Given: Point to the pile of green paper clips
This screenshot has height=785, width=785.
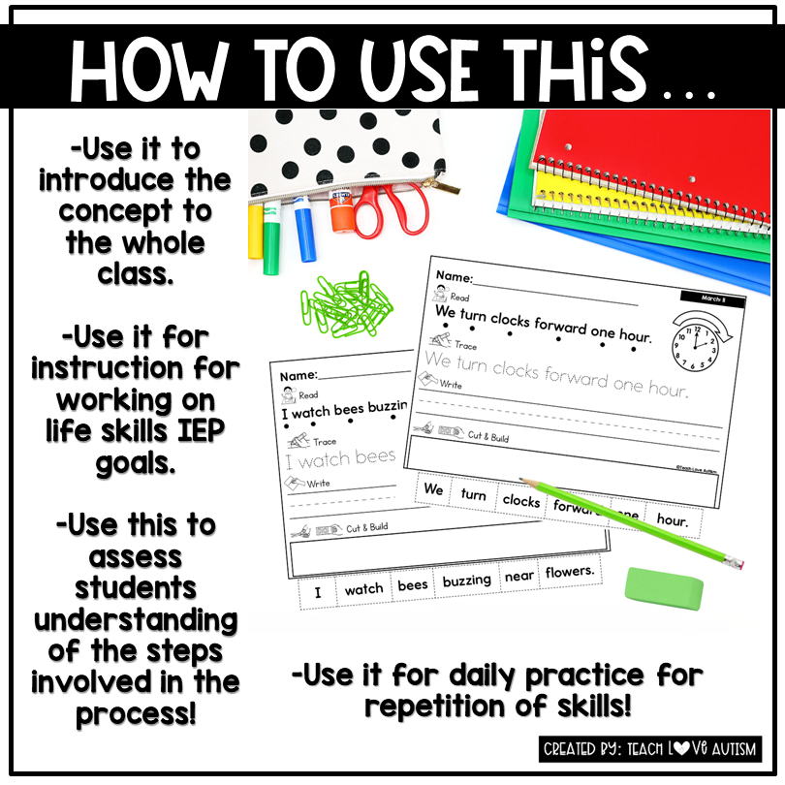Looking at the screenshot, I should [x=346, y=302].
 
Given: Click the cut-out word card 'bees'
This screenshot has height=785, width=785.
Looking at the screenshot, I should [x=413, y=585].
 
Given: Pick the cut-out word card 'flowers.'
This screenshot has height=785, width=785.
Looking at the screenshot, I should [x=569, y=573].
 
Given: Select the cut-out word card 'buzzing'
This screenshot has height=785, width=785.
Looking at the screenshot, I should [x=466, y=581].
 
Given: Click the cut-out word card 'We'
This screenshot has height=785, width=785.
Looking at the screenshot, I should [x=433, y=490].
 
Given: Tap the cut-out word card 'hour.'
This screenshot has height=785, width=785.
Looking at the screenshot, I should [x=672, y=520].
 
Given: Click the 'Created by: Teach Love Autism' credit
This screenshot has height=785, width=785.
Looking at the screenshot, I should [x=651, y=749].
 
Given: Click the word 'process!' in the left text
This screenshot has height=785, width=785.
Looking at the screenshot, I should [x=136, y=713].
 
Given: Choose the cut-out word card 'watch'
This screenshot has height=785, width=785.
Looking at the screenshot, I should [x=363, y=589].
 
